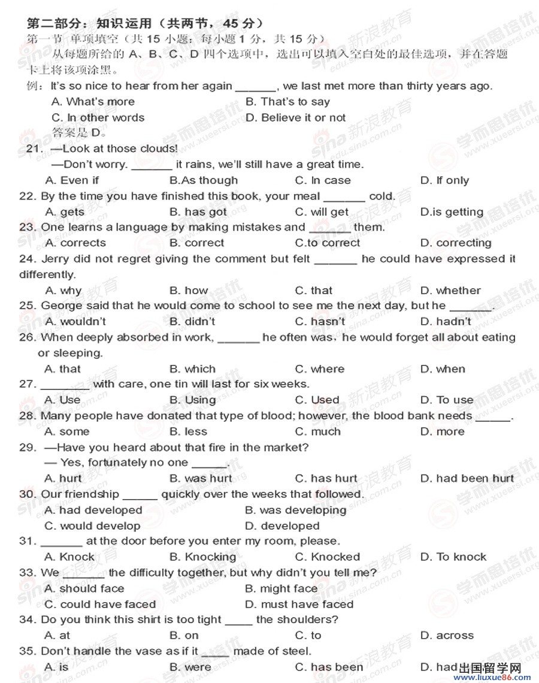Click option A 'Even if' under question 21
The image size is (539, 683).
point(72,180)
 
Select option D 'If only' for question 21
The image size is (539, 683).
point(444,180)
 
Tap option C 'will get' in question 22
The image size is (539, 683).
point(322,212)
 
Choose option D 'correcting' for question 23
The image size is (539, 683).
point(456,243)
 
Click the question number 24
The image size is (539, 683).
point(28,259)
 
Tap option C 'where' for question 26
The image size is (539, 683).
point(320,369)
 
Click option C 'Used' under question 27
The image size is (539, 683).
point(317,400)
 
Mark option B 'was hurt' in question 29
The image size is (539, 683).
point(200,479)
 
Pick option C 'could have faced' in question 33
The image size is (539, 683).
point(100,605)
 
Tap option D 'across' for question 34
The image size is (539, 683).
point(447,636)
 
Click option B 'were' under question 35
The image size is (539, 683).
point(190,667)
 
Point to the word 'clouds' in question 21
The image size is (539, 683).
point(158,149)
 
